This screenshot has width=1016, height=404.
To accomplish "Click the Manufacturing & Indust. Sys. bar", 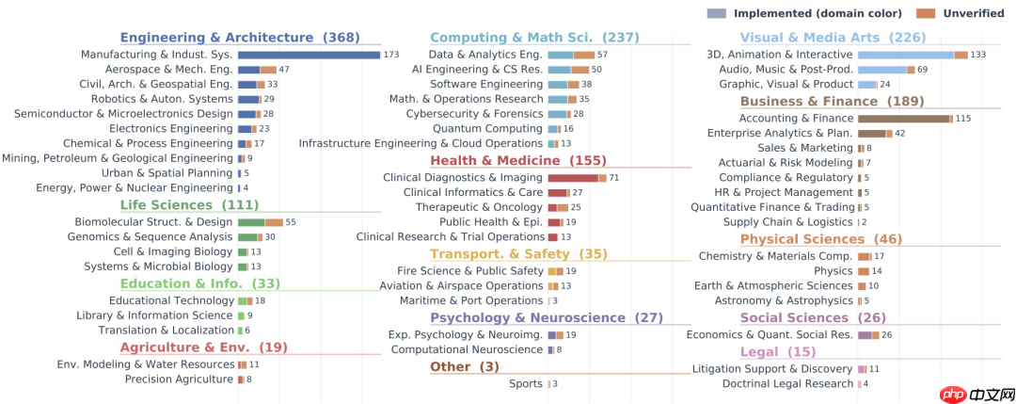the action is pyautogui.click(x=310, y=55).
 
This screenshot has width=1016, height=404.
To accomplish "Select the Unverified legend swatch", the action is pyautogui.click(x=926, y=13).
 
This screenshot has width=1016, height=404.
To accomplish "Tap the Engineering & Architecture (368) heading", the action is pyautogui.click(x=241, y=38).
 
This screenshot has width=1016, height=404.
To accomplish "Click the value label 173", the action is pyautogui.click(x=390, y=55).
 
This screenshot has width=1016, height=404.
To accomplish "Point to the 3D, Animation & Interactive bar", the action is pyautogui.click(x=913, y=55).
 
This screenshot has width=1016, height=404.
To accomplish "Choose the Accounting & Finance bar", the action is pyautogui.click(x=905, y=118).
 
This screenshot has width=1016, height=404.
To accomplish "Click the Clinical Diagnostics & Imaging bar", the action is pyautogui.click(x=578, y=178).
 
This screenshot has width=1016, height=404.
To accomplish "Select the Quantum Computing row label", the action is pyautogui.click(x=488, y=128).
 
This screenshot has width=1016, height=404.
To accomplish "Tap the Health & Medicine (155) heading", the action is pyautogui.click(x=518, y=160).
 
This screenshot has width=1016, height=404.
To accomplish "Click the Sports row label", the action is pyautogui.click(x=526, y=384).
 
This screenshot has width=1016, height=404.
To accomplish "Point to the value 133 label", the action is pyautogui.click(x=978, y=55).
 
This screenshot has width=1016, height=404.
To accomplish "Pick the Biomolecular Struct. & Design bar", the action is pyautogui.click(x=261, y=222).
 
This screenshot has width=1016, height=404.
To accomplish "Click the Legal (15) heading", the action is pyautogui.click(x=778, y=352).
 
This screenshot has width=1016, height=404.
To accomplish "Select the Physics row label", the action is pyautogui.click(x=833, y=271).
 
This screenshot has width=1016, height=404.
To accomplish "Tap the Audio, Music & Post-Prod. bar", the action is pyautogui.click(x=886, y=70).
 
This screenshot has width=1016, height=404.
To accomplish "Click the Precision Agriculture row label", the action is pyautogui.click(x=179, y=380).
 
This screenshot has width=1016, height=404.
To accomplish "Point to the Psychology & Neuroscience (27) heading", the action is pyautogui.click(x=547, y=317).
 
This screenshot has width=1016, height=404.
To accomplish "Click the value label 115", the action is pyautogui.click(x=963, y=118).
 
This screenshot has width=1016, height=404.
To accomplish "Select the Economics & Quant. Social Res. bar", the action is pyautogui.click(x=868, y=335).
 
